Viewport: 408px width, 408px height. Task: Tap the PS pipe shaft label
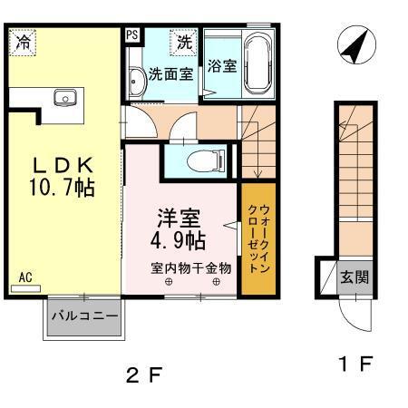[x=132, y=36]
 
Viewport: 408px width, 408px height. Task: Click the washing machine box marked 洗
[x=184, y=41]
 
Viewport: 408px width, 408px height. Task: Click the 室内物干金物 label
[x=190, y=268]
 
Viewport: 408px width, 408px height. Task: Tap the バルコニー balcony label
[x=83, y=316]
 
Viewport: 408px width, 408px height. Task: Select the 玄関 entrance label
[x=355, y=277]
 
